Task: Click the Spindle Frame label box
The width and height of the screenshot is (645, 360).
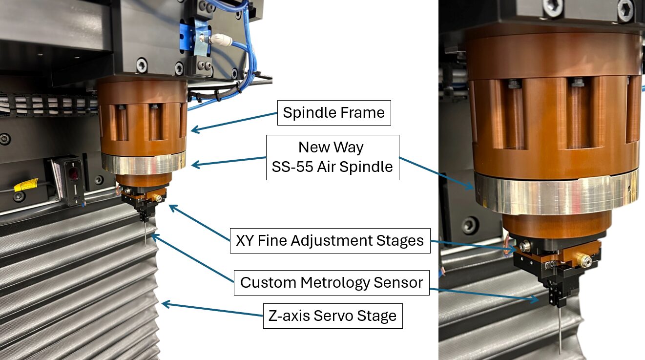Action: (x=334, y=113)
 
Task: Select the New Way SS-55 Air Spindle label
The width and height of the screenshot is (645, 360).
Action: (x=333, y=158)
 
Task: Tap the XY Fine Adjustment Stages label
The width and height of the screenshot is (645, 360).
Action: (x=330, y=241)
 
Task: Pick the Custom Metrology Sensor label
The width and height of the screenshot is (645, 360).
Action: (x=332, y=282)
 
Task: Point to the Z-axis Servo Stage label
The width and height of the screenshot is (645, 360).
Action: (x=333, y=316)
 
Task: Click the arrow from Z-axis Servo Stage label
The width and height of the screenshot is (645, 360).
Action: (x=212, y=309)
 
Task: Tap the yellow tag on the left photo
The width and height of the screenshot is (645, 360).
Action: (x=26, y=185)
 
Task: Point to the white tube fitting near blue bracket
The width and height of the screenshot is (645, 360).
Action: (x=221, y=40)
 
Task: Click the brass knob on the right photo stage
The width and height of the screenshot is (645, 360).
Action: (x=584, y=261)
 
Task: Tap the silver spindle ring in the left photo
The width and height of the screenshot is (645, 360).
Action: (x=144, y=163)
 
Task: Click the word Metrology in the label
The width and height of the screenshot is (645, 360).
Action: (x=335, y=283)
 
